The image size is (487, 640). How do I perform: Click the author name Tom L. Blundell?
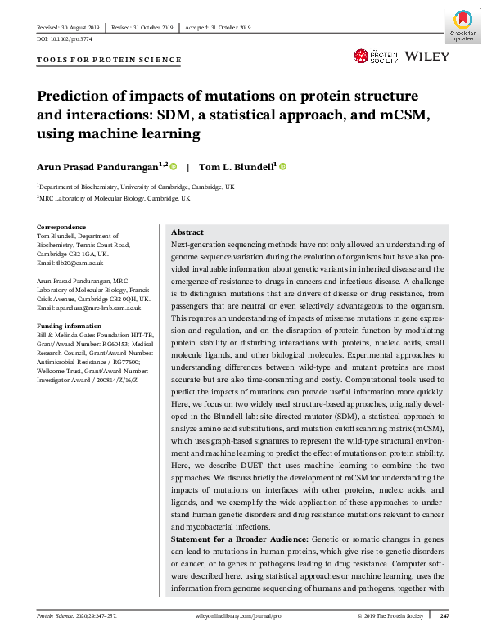pos(240,166)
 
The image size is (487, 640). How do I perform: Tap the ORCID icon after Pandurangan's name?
pos(174,166)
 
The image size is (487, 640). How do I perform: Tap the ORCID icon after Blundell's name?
pos(282,166)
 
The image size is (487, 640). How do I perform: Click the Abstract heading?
pos(187,232)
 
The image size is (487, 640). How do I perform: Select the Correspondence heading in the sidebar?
pos(61,226)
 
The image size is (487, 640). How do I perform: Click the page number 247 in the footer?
pos(444,614)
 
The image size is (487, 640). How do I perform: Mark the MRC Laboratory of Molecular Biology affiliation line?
pos(114,198)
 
